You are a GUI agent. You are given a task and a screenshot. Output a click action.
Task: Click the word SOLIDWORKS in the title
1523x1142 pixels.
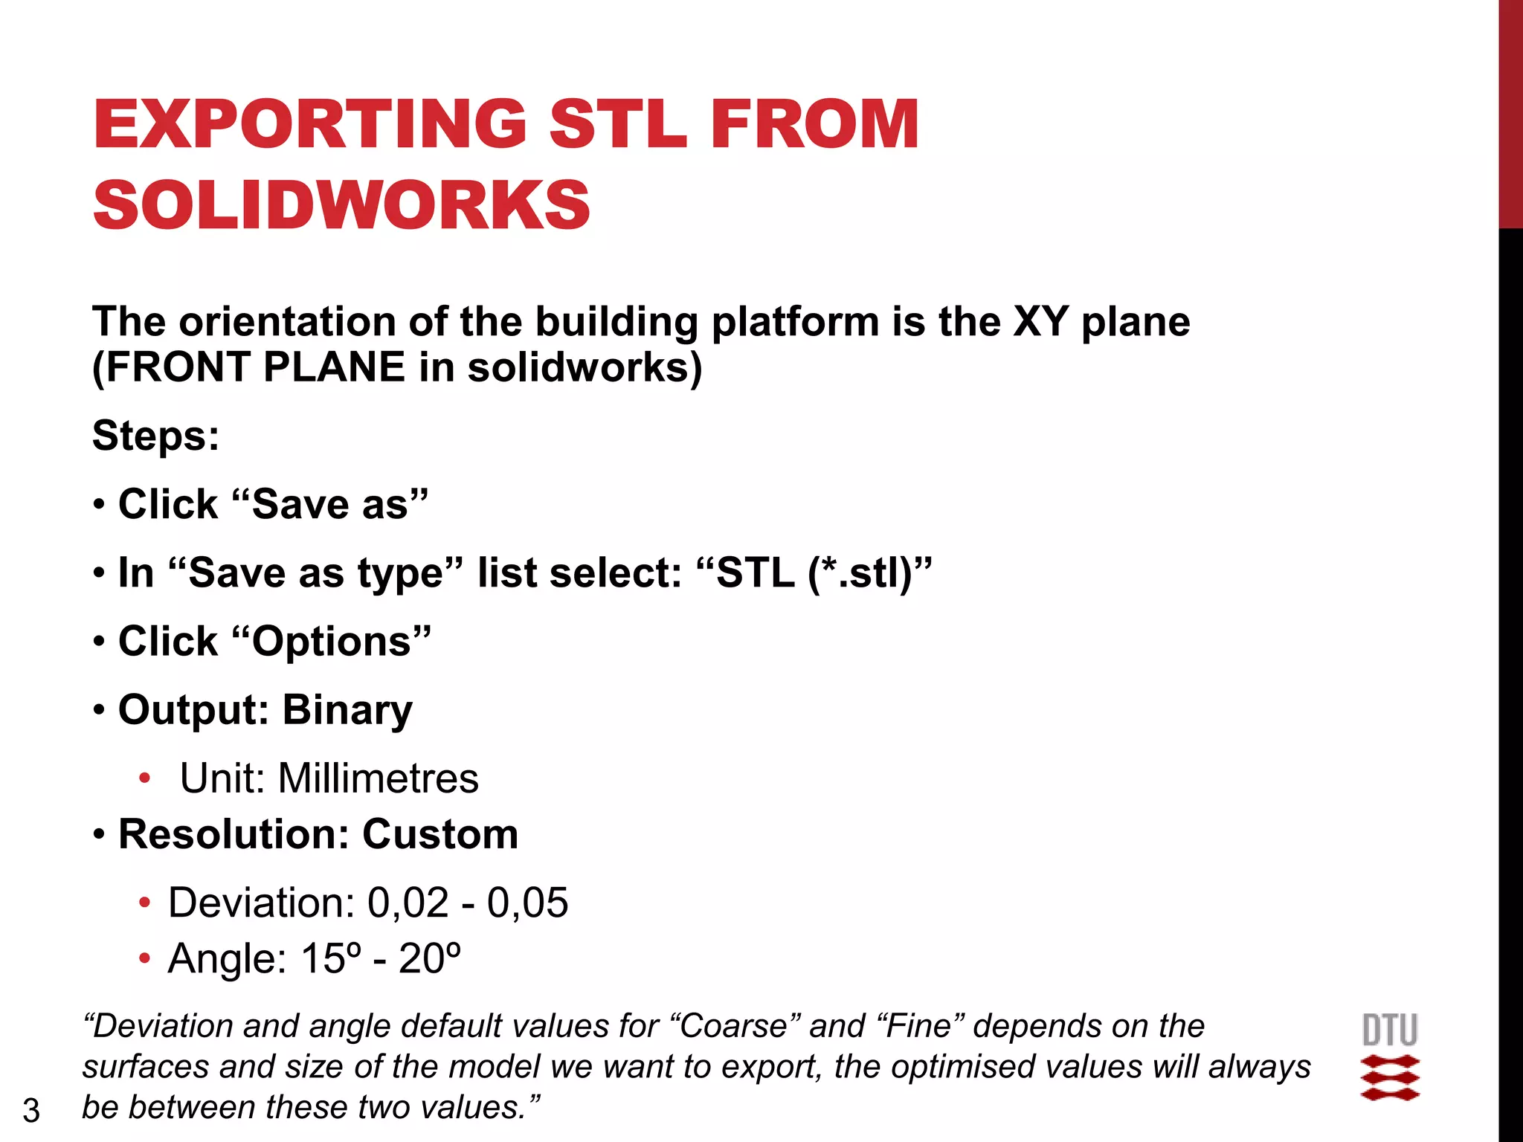[341, 205]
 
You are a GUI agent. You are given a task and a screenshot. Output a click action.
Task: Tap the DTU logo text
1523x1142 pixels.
[1390, 1030]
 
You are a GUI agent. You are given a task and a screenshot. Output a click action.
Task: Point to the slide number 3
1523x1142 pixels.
[31, 1111]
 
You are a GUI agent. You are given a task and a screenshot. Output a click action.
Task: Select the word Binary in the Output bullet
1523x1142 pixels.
[347, 710]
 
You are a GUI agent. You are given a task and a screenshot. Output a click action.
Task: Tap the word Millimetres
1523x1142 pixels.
[378, 778]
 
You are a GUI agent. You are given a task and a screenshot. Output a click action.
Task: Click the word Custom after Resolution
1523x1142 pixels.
[440, 834]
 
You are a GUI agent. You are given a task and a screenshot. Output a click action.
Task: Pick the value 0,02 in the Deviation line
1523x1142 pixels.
[408, 903]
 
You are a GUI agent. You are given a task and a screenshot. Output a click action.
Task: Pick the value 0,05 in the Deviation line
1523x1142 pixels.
[527, 903]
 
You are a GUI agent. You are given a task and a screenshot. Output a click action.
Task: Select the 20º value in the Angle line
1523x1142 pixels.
[430, 958]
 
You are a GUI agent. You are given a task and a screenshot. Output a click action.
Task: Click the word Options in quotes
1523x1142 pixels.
[332, 642]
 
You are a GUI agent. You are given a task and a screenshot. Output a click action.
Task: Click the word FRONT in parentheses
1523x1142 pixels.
[179, 367]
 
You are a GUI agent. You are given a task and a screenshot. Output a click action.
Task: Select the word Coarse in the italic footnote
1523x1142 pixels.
[733, 1026]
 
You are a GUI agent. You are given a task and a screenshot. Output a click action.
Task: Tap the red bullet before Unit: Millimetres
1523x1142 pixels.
[144, 778]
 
